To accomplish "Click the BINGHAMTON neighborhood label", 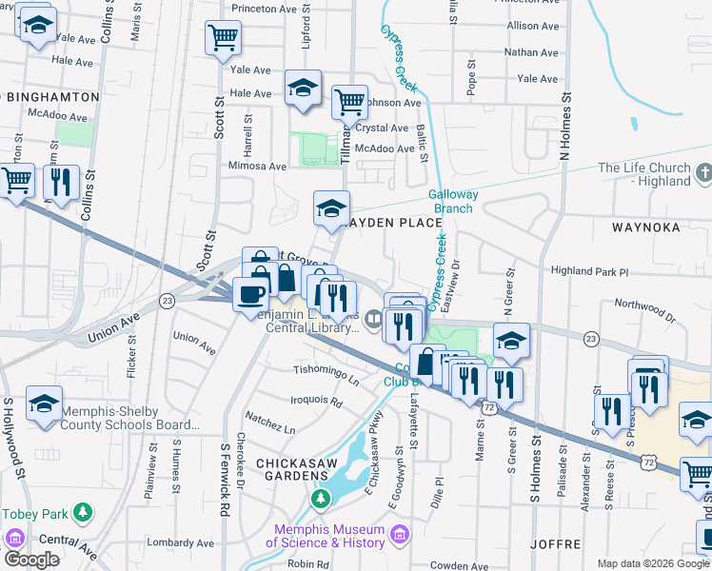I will tap(51, 97).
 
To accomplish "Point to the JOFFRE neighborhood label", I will tap(553, 544).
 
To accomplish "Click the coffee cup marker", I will tap(250, 293).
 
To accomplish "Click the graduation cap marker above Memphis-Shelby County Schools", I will tap(44, 404).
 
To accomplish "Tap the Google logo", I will tap(31, 560).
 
